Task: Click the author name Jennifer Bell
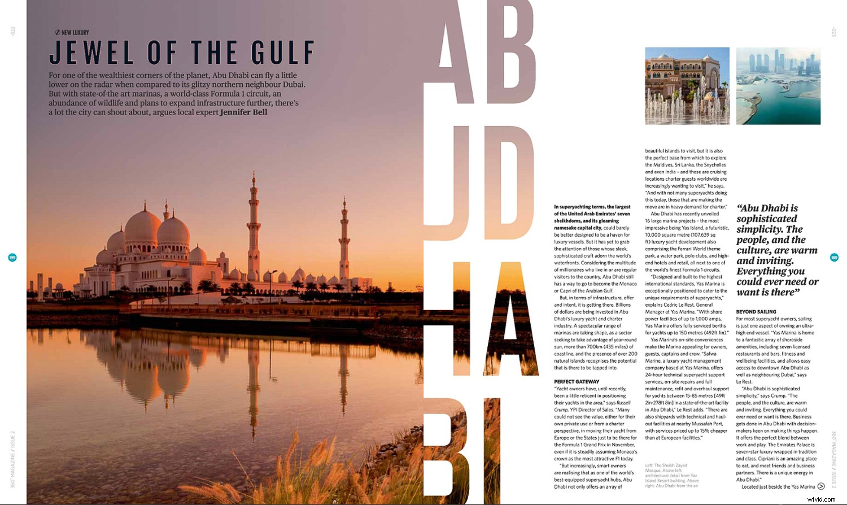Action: point(243,112)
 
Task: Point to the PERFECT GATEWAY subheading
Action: point(577,382)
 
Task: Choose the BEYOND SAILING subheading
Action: point(756,312)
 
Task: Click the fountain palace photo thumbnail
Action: point(687,86)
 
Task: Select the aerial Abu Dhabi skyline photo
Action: point(778,86)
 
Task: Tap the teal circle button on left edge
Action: point(12,258)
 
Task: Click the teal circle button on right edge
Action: point(834,258)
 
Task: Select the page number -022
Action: point(13,32)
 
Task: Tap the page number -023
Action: point(833,32)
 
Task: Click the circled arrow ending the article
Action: point(821,486)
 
